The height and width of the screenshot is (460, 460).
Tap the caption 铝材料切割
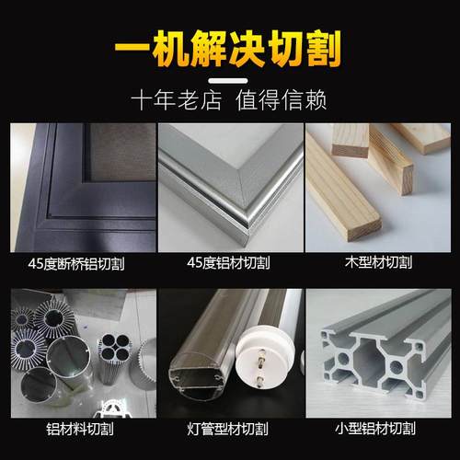[x=77, y=428]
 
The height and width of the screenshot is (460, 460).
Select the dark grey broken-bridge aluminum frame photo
[x=77, y=184]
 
